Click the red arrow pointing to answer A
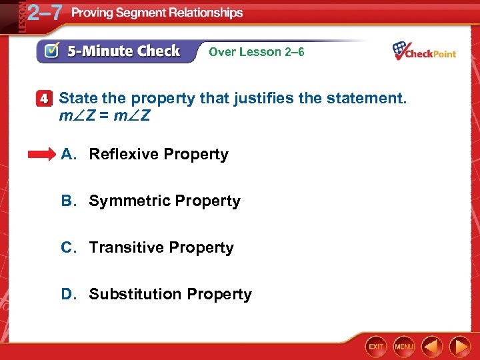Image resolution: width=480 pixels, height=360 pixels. point(41,155)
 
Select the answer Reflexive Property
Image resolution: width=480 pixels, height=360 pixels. point(159,155)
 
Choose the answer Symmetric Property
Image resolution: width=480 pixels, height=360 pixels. point(165,201)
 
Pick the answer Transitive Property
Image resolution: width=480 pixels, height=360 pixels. point(161,248)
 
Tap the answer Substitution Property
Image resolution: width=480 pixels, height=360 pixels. point(170,295)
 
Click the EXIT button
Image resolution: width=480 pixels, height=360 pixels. point(377,347)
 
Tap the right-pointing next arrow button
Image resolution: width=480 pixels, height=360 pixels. point(460,347)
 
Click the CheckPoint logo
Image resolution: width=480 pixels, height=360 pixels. point(424,51)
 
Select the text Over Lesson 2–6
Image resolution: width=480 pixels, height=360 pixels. point(257,52)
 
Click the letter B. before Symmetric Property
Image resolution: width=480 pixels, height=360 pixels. point(68,201)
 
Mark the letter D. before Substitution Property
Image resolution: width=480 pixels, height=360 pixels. point(68,295)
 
